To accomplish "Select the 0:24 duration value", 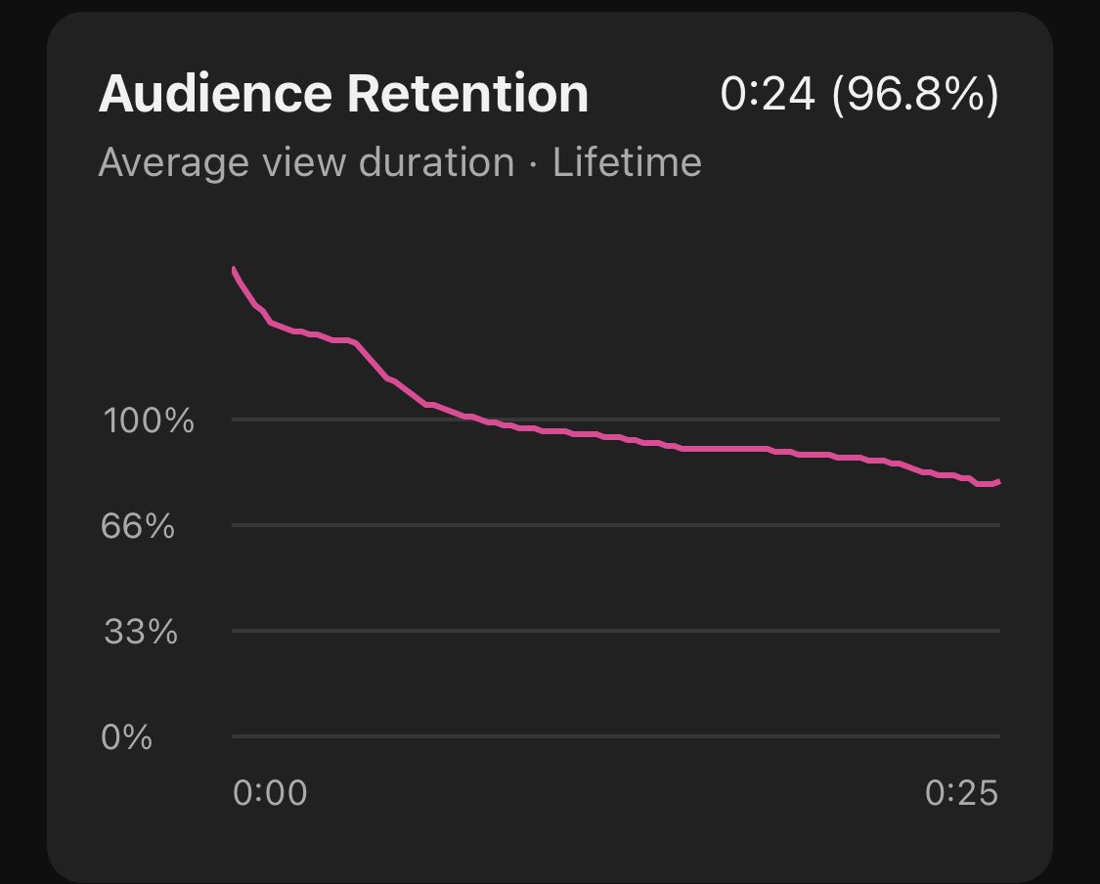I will tap(768, 94).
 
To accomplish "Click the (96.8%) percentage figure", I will tap(914, 95).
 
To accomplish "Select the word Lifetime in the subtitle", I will tap(627, 162).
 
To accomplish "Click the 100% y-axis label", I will tap(149, 422).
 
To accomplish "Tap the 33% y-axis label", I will tap(141, 633).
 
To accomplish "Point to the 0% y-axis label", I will tap(127, 736).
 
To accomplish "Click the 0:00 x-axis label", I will tap(270, 793).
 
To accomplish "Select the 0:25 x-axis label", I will tap(961, 793).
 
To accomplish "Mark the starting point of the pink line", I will tap(233, 268).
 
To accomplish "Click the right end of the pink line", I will tap(998, 481).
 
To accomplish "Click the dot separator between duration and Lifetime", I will tap(533, 163).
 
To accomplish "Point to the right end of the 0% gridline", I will tap(998, 735).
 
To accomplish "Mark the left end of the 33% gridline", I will tap(234, 631).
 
